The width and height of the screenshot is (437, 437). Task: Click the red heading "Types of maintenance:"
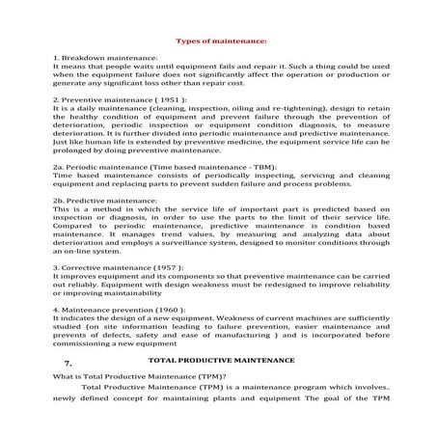[x=218, y=41]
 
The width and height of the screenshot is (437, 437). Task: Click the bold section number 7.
[x=68, y=362]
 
